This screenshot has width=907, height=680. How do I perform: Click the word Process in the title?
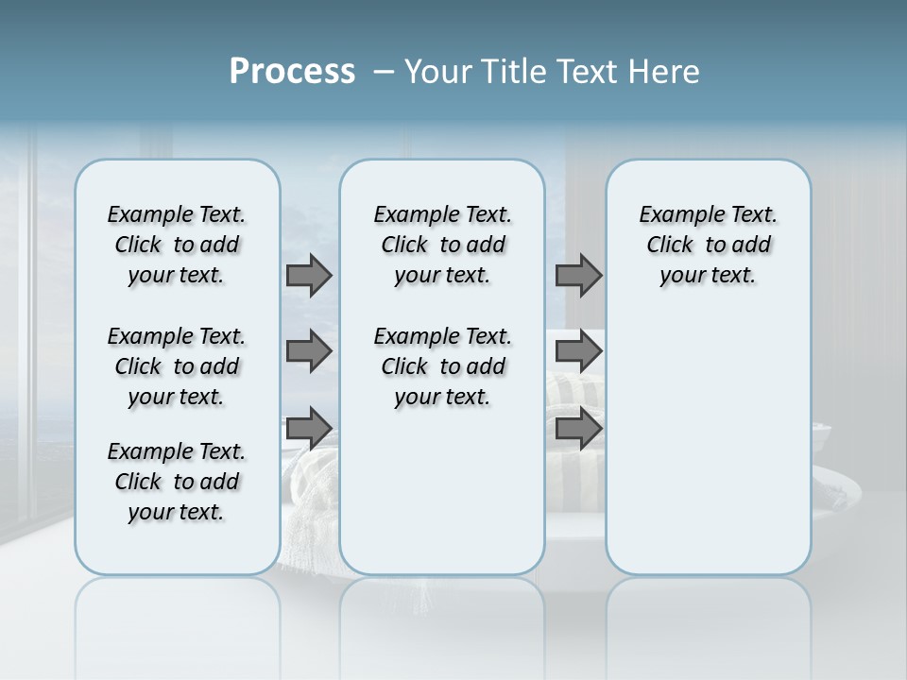click(292, 72)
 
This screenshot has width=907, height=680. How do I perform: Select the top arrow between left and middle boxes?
click(309, 276)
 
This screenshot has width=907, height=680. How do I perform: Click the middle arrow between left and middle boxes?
click(309, 352)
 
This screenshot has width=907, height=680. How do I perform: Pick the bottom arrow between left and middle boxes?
click(309, 428)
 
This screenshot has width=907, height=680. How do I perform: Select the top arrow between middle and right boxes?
click(578, 276)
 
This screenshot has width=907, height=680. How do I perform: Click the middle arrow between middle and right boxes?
click(578, 352)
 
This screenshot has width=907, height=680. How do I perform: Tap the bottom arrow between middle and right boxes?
click(578, 428)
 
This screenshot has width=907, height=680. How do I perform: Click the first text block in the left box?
click(176, 245)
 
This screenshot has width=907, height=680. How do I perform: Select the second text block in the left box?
click(176, 366)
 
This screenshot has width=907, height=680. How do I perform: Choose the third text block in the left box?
click(176, 482)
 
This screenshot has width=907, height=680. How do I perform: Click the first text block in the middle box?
click(442, 245)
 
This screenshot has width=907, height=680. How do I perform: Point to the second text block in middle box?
click(442, 366)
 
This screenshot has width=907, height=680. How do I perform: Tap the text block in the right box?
click(708, 245)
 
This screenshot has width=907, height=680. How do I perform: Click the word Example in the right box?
click(674, 215)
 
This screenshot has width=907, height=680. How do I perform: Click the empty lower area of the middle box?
click(442, 491)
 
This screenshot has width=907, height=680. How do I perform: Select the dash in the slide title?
click(384, 72)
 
